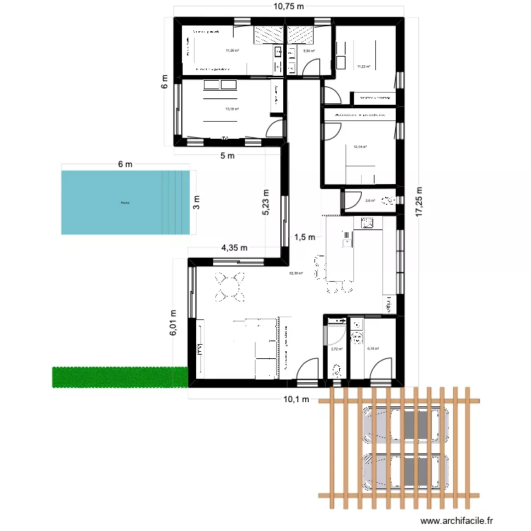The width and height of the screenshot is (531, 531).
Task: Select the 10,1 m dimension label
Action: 297,399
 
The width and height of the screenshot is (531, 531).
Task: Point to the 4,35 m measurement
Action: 234,248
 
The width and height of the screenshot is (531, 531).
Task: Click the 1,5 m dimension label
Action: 304,238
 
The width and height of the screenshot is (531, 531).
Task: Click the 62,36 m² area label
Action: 296,273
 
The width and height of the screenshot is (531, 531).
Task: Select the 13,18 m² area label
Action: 232,109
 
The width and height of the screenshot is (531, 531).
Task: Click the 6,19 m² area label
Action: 373,348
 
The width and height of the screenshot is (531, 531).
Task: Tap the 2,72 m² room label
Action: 336,348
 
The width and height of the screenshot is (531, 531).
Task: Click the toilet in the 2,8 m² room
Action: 387,200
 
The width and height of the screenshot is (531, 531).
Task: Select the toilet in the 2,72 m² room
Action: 337,370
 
